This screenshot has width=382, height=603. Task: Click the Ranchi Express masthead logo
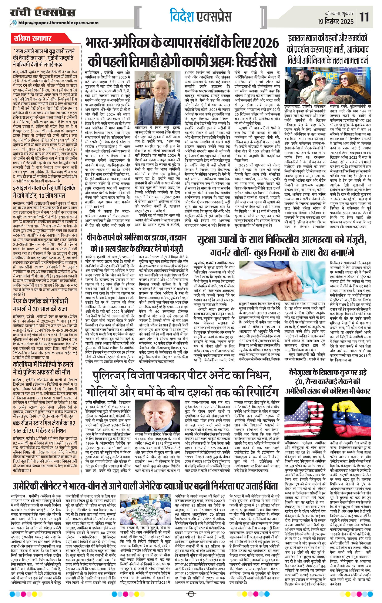[x=43, y=13]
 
